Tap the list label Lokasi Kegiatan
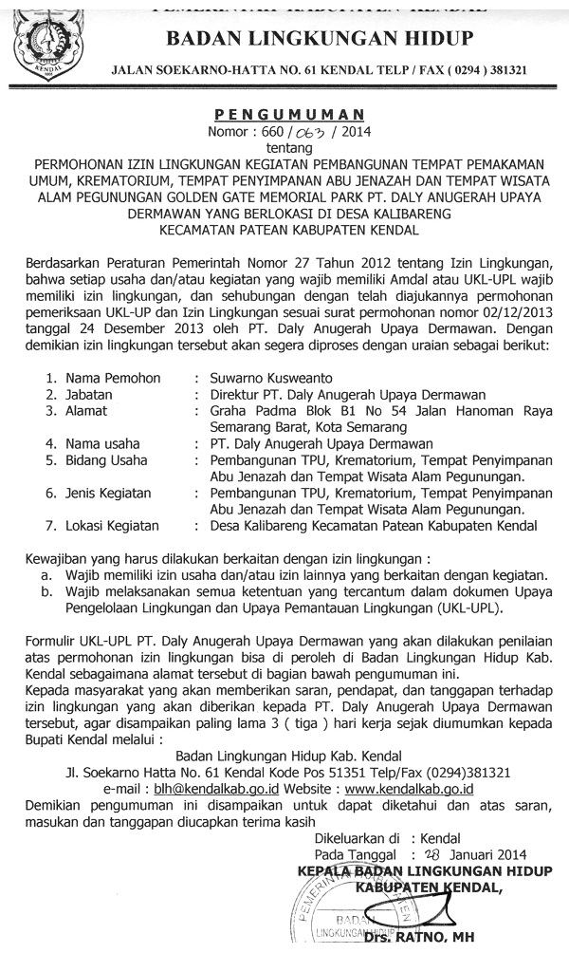pos(105,526)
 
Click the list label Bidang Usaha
pos(98,460)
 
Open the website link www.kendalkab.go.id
pos(409,789)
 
